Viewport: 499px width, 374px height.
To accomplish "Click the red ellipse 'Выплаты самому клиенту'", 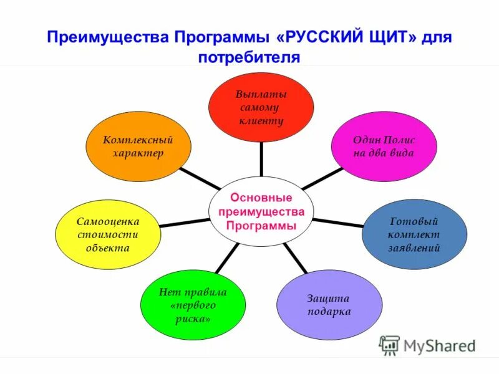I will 261,107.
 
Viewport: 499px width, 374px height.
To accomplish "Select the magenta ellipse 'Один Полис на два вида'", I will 384,146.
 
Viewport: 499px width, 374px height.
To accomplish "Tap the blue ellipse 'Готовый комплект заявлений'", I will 414,234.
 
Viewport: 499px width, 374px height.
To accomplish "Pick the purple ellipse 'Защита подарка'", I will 329,304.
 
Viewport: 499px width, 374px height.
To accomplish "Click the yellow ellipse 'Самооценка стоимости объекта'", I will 108,234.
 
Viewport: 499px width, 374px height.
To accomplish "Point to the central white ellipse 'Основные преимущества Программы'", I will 261,212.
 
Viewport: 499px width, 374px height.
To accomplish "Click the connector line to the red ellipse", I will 261,158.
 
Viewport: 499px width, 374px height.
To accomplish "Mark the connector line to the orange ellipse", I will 200,179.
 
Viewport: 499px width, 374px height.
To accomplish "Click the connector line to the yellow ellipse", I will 185,222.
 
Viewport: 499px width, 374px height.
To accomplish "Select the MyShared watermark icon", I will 389,345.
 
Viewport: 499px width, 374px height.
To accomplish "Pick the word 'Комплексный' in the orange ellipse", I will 137,140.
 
